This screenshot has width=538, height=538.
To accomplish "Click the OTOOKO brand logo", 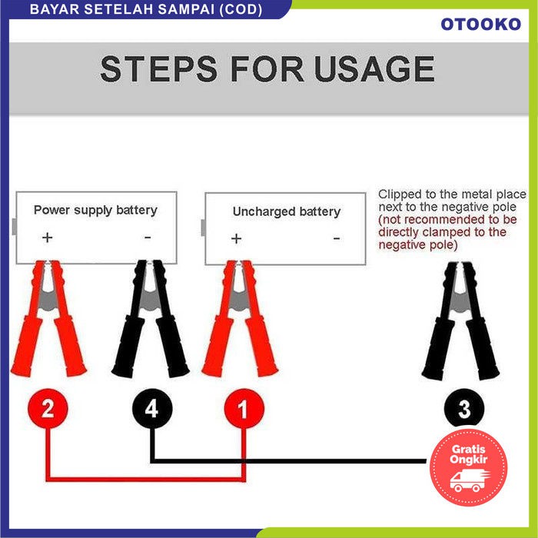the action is [480, 25].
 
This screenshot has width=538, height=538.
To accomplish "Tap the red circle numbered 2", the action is [48, 408].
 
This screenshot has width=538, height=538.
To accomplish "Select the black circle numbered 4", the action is [152, 408].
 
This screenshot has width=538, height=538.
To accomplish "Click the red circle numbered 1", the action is [244, 408].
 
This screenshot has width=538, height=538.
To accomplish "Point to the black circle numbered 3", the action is [464, 408].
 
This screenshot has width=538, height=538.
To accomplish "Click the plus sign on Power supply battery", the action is [48, 237].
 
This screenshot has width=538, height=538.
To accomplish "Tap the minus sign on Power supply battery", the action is [148, 237].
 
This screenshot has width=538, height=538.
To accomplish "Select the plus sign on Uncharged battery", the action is [237, 238].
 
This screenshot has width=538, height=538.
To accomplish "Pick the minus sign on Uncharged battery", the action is [337, 238].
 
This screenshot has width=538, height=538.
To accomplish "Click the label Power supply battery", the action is [95, 210].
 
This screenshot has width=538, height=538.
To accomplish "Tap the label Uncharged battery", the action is [287, 211].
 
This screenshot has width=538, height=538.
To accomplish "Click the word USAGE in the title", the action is [374, 68].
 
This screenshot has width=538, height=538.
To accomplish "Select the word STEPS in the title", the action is [158, 68].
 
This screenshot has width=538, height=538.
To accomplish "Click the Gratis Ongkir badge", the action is [468, 467].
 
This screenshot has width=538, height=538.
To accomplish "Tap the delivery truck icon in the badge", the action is [469, 480].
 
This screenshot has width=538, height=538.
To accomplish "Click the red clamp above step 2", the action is [48, 318].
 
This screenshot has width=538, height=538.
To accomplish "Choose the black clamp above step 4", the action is [150, 318].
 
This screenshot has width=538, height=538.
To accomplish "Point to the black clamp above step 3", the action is [460, 320].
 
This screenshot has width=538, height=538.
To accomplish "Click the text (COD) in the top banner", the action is [241, 9].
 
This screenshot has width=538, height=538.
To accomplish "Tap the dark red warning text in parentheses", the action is [447, 232].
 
